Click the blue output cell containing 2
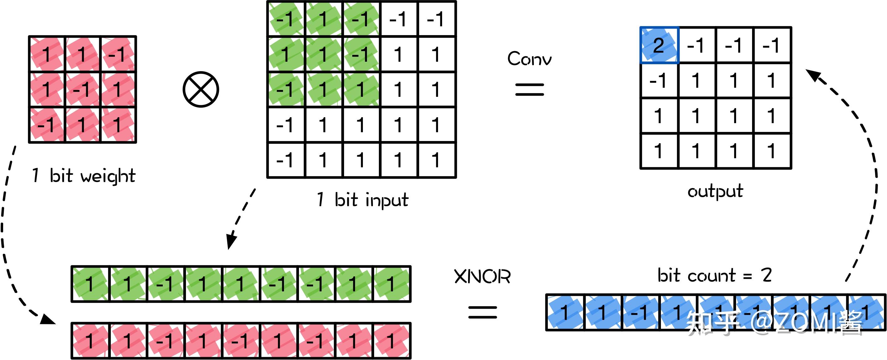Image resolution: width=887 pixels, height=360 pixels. click(659, 45)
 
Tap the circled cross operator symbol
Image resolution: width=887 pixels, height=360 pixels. click(201, 90)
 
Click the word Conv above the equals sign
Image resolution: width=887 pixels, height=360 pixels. click(529, 59)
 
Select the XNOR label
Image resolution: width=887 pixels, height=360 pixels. click(482, 276)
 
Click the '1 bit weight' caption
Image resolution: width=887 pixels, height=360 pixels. click(84, 176)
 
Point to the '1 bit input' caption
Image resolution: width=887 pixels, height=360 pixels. click(362, 200)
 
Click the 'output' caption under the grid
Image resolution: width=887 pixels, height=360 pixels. click(715, 191)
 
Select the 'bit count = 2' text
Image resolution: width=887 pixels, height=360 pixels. click(714, 276)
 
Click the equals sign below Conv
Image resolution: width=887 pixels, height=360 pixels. click(529, 89)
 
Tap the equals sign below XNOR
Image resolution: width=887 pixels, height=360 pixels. click(482, 312)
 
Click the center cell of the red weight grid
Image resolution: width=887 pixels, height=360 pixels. click(82, 90)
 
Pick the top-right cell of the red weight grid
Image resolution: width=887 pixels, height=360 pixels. click(118, 54)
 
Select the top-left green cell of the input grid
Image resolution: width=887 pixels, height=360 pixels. click(286, 19)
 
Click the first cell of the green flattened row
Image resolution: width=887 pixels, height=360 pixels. click(90, 284)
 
